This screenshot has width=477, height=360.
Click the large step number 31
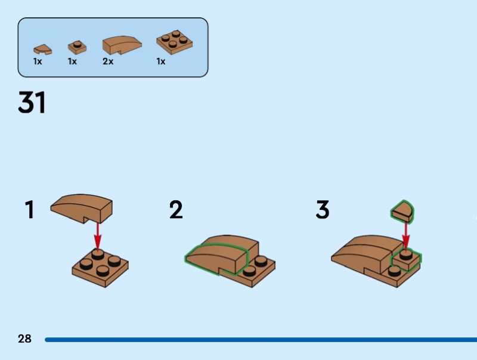[32, 103]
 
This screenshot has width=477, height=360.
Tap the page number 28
[24, 339]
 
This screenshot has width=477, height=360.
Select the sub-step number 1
[29, 210]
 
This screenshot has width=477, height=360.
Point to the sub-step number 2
[176, 210]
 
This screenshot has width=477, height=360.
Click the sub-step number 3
[322, 210]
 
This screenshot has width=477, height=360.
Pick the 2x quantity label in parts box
[107, 61]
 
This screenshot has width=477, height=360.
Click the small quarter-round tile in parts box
[42, 49]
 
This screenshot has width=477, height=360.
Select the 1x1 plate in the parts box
[76, 46]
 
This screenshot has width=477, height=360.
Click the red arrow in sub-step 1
[97, 234]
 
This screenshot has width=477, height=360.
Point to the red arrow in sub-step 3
[406, 235]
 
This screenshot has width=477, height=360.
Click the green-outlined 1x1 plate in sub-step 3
[406, 260]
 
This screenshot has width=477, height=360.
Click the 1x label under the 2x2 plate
[160, 61]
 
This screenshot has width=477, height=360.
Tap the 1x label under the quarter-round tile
[38, 61]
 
